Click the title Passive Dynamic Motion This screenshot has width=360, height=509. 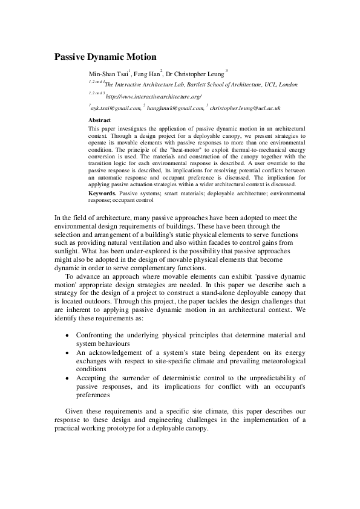[106, 57]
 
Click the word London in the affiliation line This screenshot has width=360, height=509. [286, 85]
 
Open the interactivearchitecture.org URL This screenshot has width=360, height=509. [153, 97]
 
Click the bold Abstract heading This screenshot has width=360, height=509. [100, 120]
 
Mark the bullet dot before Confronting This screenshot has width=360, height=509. [66, 335]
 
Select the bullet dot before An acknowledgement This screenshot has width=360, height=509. [66, 352]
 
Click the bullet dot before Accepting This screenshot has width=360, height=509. [66, 378]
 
